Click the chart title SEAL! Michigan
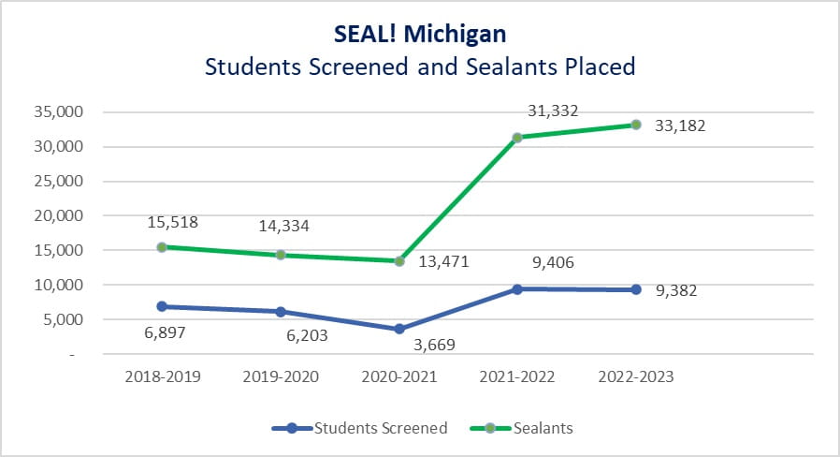[420, 35]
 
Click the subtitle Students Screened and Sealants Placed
[420, 66]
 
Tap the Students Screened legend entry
[380, 428]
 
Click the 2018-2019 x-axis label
[162, 376]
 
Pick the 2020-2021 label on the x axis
[399, 376]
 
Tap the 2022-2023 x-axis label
[636, 376]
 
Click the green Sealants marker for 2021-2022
[517, 138]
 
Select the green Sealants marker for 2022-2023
[636, 125]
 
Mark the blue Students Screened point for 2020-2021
[399, 329]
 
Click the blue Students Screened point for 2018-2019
[162, 306]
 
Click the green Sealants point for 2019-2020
[281, 255]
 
